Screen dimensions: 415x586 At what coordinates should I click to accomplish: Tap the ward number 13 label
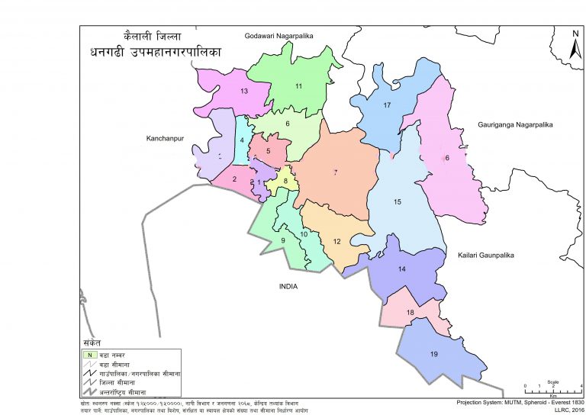(244, 92)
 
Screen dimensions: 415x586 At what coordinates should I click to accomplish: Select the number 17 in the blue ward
(387, 105)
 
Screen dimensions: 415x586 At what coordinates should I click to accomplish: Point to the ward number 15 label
(397, 202)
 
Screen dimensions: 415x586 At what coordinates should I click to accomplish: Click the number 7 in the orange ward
(335, 173)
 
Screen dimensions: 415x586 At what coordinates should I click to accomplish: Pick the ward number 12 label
(336, 242)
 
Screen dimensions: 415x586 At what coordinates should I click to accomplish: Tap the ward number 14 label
(402, 269)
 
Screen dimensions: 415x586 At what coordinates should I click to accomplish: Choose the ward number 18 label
(410, 313)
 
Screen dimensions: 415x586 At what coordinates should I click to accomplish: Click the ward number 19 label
(433, 354)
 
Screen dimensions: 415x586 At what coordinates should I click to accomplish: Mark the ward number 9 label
(282, 241)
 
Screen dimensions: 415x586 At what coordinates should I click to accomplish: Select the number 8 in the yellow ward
(285, 181)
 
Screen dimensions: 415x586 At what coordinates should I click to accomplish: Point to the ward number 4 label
(241, 140)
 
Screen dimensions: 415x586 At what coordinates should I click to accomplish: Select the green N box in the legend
(89, 355)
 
